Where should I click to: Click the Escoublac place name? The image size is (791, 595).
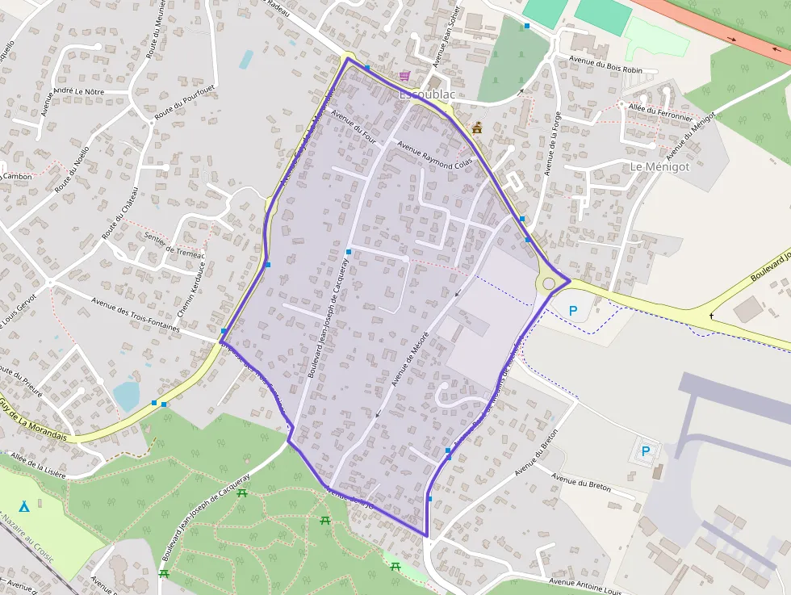427,95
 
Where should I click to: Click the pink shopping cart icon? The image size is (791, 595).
403,76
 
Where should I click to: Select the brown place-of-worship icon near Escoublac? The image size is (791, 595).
477,127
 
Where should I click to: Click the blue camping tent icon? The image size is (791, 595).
24,506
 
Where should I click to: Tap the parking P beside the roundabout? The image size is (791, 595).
573,310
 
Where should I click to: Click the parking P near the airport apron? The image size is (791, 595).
645,451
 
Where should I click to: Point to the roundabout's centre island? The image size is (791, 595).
550,283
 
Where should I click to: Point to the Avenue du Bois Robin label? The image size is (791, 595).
606,65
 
